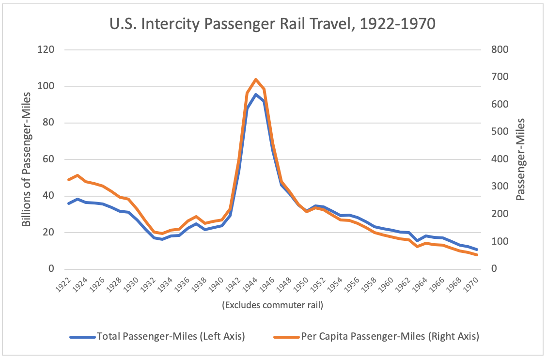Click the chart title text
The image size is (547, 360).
[x=273, y=23]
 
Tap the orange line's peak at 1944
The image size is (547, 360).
[x=256, y=79]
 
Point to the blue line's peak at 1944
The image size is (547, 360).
[x=256, y=94]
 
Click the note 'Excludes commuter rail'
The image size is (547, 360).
[x=273, y=305]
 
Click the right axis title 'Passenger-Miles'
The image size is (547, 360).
[x=521, y=159]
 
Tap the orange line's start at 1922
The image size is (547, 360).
[x=69, y=180]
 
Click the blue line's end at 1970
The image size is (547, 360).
[x=477, y=250]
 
